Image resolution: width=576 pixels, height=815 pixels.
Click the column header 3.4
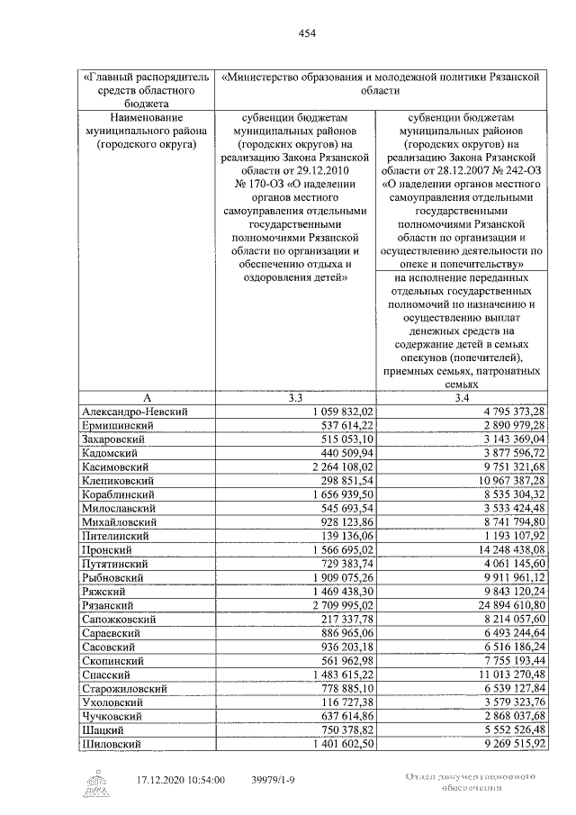(462, 397)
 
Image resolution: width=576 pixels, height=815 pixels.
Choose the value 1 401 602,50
(343, 744)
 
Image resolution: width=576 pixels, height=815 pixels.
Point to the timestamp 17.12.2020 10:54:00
(180, 780)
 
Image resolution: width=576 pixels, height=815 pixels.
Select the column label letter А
(147, 397)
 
